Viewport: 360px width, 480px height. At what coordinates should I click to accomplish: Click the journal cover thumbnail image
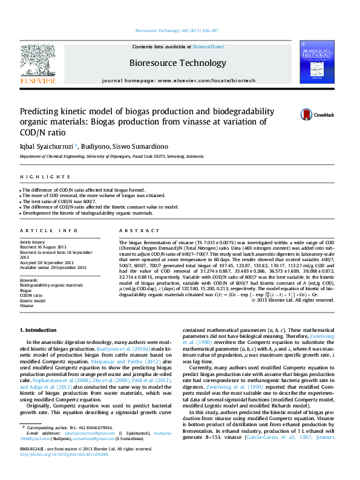click(316, 62)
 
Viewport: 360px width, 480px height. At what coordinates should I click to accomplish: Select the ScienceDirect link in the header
click(208, 47)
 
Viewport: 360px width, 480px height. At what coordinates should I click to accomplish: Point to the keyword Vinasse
click(28, 306)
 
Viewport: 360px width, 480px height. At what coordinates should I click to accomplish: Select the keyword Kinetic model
click(33, 300)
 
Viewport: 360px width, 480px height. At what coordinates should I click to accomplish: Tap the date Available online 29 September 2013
click(53, 267)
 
